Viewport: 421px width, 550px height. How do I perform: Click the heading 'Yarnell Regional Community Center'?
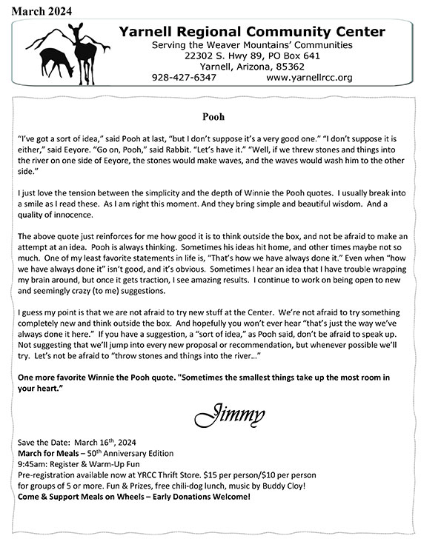[252, 31]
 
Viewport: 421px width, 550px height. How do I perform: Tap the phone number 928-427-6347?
[184, 76]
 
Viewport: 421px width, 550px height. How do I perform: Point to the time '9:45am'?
[31, 464]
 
